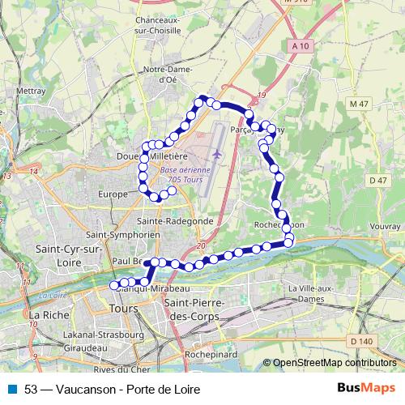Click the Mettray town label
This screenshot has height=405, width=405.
tap(30, 92)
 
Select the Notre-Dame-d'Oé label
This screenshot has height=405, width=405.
tap(165, 75)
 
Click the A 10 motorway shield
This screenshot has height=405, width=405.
tap(299, 48)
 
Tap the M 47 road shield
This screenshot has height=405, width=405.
tap(359, 104)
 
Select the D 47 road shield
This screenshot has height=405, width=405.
tap(377, 180)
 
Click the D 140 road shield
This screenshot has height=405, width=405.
tap(361, 340)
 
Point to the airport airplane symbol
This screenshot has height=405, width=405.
tap(216, 152)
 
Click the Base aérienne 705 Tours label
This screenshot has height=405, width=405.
tap(185, 174)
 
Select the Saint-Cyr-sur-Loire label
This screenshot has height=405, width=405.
tap(68, 255)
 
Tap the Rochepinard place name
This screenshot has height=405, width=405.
tap(209, 354)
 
